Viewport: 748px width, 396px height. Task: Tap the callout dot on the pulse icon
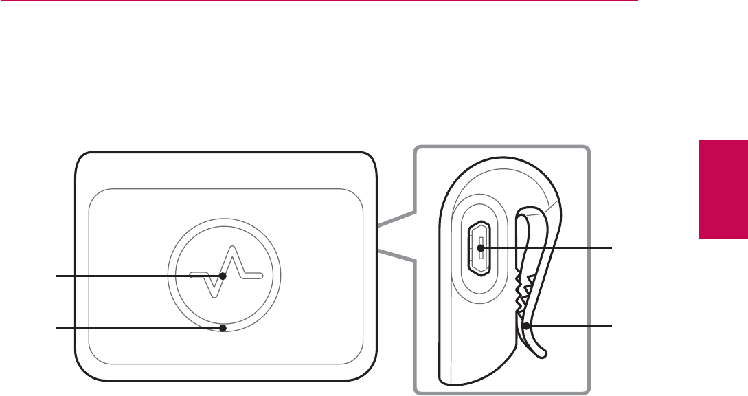point(223,276)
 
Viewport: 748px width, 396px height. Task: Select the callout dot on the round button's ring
point(223,329)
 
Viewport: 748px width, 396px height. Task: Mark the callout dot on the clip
point(525,327)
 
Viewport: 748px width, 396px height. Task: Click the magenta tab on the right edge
point(723,189)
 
